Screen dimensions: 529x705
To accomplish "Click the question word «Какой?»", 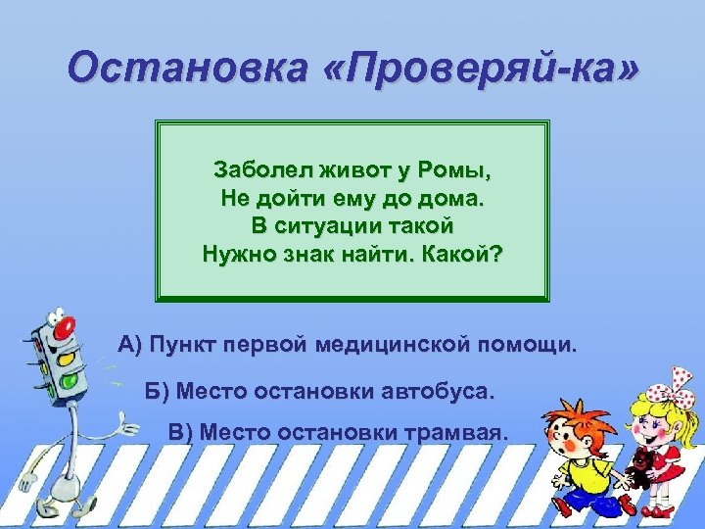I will click(x=469, y=255).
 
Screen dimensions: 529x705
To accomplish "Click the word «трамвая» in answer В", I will click(x=454, y=432).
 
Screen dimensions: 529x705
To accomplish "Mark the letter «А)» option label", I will click(x=130, y=346).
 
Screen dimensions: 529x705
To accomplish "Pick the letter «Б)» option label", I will click(x=158, y=392).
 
